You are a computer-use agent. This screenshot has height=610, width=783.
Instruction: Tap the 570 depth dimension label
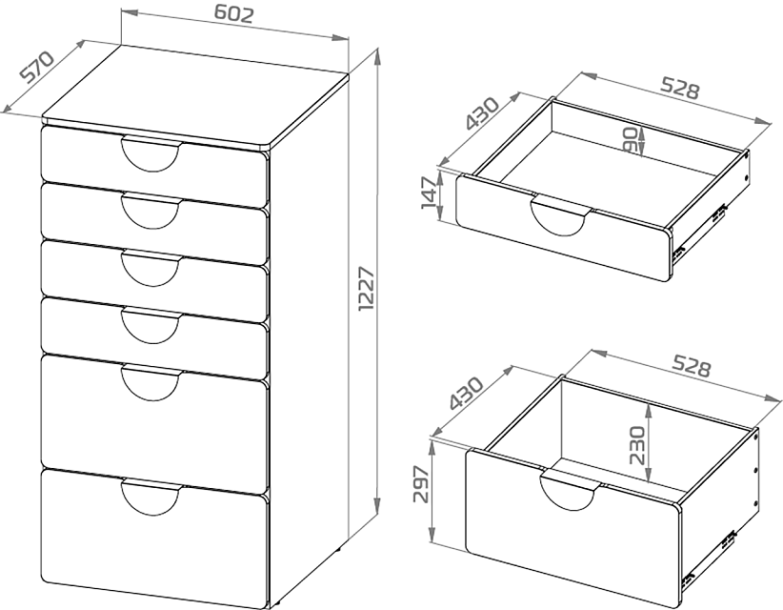tap(37, 66)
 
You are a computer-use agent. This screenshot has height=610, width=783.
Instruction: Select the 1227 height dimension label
tap(367, 289)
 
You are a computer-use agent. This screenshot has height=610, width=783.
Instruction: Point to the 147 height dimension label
tap(430, 193)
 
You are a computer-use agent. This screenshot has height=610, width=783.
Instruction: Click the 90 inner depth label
tap(631, 140)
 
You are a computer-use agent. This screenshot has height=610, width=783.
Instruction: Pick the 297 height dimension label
tap(421, 484)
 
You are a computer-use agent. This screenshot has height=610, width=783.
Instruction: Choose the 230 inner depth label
tap(637, 446)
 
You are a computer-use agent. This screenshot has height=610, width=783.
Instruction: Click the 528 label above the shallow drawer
tap(680, 88)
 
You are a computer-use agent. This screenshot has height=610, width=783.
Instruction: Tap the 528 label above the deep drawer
tap(691, 365)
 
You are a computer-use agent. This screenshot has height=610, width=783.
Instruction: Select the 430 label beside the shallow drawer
tap(482, 113)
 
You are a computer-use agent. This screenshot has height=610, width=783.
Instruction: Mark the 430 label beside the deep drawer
tap(467, 394)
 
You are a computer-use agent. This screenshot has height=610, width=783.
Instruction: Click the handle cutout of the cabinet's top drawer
tap(151, 153)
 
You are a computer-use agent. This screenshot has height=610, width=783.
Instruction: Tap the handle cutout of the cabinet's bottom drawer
tap(151, 497)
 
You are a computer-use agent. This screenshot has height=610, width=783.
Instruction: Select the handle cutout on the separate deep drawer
tap(570, 490)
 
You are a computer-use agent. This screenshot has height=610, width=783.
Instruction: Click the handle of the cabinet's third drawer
tap(151, 269)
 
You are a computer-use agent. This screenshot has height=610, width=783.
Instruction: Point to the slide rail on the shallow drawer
tap(698, 232)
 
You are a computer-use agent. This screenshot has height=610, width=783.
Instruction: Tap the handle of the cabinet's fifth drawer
tap(151, 382)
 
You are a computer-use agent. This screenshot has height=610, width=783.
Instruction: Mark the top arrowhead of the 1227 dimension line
tap(378, 56)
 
